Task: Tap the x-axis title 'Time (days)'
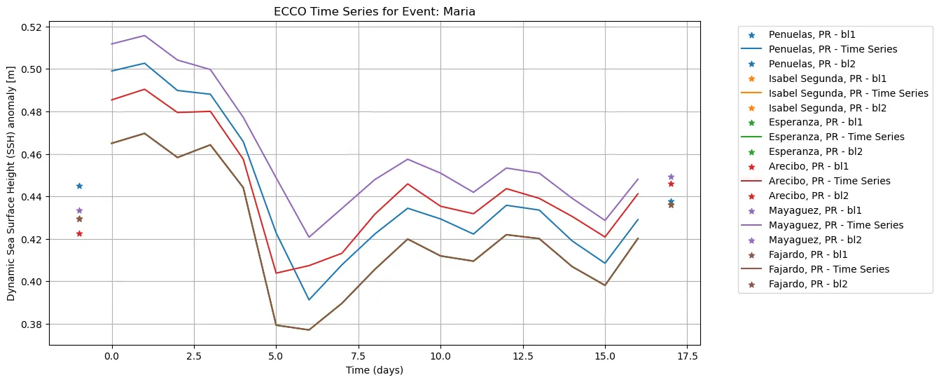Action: [x=374, y=370]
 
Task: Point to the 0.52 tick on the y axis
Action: [x=32, y=27]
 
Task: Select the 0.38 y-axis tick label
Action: [x=32, y=325]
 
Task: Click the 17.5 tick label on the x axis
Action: [x=687, y=356]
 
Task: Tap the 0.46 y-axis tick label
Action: [x=32, y=155]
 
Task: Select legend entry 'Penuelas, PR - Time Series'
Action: [x=833, y=49]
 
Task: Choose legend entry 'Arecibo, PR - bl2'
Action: [x=812, y=196]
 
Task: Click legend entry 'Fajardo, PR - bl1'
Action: [x=812, y=254]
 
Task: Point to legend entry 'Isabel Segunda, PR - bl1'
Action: [x=827, y=79]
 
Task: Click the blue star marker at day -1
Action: [x=79, y=186]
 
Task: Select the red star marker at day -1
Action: [x=79, y=233]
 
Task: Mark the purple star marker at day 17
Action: [x=671, y=177]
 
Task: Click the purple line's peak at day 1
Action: [x=145, y=36]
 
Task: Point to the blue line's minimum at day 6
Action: [x=309, y=300]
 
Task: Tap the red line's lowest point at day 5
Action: [x=276, y=273]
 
